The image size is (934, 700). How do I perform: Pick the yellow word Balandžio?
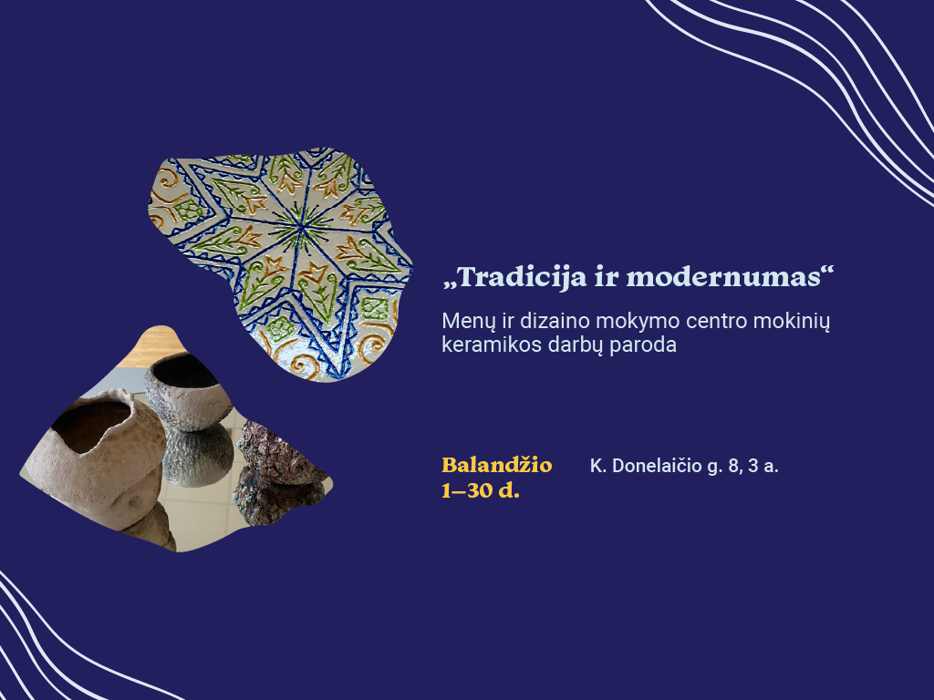497,465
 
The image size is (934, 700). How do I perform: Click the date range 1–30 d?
481,490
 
